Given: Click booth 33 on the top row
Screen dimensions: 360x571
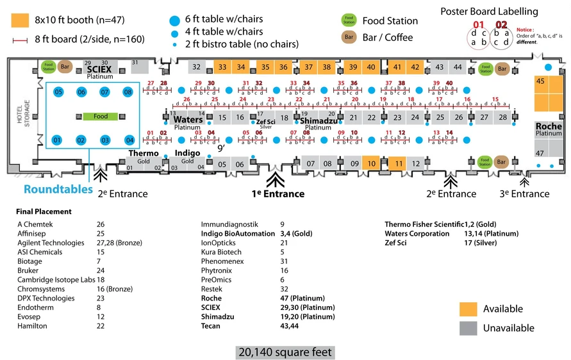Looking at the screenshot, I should [222, 67].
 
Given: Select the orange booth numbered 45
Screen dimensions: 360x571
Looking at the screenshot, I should [540, 81].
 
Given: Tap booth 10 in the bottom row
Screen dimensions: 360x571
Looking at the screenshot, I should [372, 164].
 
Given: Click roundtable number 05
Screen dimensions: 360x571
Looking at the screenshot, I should [58, 92].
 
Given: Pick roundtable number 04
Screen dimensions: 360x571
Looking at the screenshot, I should [129, 140].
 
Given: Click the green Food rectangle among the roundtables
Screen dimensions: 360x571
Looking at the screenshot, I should [101, 117].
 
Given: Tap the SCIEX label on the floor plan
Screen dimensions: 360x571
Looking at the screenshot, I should [100, 69].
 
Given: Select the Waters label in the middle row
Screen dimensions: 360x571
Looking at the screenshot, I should [188, 120].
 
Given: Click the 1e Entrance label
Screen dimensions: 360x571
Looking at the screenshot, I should [277, 194].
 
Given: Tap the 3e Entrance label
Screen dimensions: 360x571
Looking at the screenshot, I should [525, 194].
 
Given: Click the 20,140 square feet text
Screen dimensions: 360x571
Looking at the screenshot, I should [285, 352].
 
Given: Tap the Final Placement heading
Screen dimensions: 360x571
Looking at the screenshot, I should [45, 211].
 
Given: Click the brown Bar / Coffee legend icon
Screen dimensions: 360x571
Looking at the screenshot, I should [349, 37].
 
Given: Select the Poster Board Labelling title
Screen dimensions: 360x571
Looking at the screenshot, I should [490, 12].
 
